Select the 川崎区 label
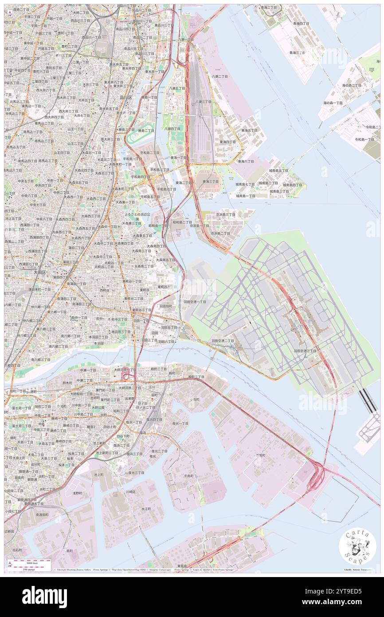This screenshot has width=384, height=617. tap(130, 492)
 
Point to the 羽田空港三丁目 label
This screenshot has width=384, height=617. tap(305, 351)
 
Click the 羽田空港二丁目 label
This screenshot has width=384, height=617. tap(220, 340)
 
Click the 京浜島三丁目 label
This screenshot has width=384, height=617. tap(225, 214)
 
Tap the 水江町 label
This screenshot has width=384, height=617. tap(147, 509)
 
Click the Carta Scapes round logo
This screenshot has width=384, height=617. tap(357, 547)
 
